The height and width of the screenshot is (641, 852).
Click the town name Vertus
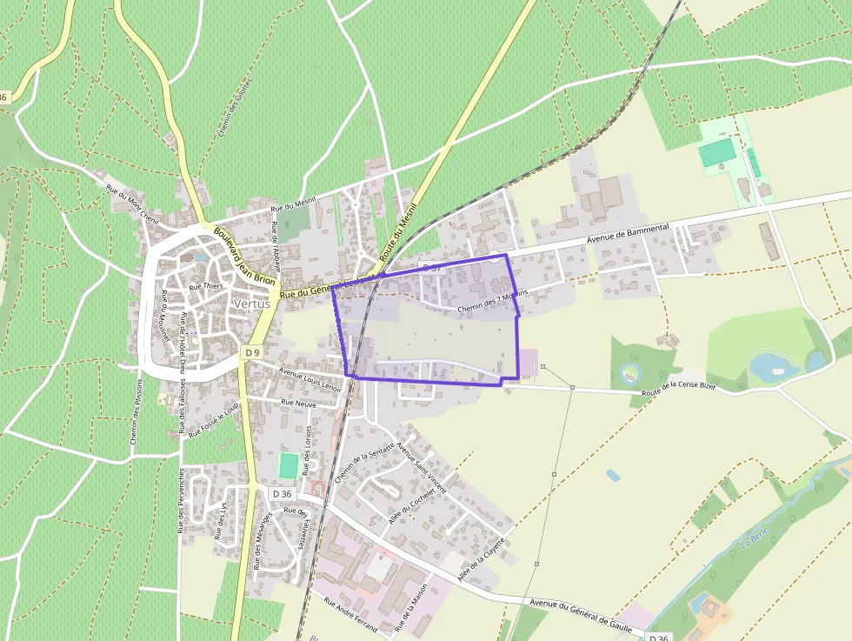click(251, 304)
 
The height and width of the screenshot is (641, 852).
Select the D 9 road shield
click(251, 352)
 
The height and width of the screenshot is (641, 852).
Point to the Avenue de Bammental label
click(628, 233)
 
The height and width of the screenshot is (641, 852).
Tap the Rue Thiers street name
click(206, 286)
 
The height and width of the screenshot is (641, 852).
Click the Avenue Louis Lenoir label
click(309, 379)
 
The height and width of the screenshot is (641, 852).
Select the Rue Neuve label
click(298, 403)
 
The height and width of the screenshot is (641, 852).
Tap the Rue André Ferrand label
click(349, 613)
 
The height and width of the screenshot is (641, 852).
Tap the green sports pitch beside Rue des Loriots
click(288, 465)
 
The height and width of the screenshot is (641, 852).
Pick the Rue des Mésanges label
click(261, 540)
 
